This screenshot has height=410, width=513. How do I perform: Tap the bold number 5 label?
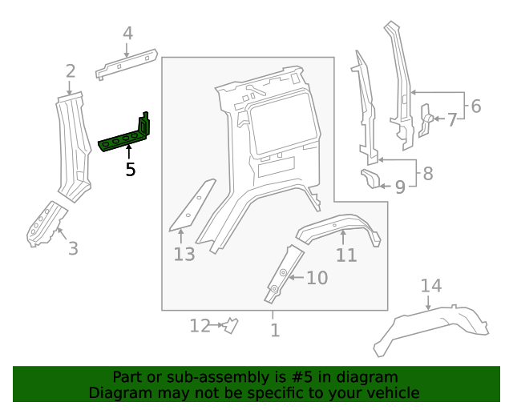click(x=130, y=169)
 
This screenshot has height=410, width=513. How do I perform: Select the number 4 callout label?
click(x=127, y=33)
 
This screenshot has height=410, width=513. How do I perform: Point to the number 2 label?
click(x=71, y=71)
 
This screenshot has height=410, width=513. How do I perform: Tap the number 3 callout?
click(x=73, y=248)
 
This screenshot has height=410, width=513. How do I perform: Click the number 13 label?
click(x=184, y=255)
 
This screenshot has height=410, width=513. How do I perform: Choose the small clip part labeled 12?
click(x=231, y=325)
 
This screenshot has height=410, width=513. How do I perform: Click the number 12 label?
click(x=200, y=325)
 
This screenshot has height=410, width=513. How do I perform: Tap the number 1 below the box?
click(x=275, y=329)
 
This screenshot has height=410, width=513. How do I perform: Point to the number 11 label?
click(x=345, y=255)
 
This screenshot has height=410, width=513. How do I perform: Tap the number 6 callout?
click(x=475, y=106)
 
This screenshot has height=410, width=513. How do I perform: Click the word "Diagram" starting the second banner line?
click(x=118, y=392)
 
